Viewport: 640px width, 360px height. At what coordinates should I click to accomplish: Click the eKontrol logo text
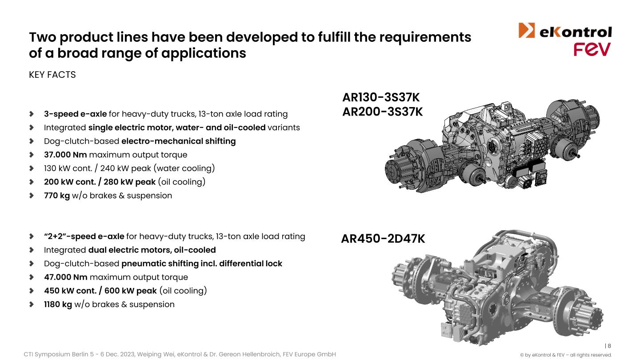(576, 32)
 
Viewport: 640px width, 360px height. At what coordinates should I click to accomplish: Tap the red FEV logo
(592, 49)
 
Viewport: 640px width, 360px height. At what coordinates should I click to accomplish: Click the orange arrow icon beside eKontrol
(527, 30)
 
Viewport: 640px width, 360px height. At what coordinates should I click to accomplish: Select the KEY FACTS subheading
(52, 75)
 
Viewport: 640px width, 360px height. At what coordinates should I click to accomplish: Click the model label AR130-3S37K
(381, 97)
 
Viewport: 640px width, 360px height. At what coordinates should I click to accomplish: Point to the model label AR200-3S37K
(382, 112)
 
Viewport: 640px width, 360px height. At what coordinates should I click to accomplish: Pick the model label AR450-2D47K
(383, 239)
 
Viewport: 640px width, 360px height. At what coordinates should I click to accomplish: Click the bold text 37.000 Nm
(65, 155)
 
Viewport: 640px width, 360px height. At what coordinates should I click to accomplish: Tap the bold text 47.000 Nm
(66, 277)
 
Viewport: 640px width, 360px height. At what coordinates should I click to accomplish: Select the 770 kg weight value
(57, 196)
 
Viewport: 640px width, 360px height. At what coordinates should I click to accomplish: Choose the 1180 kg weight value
(58, 304)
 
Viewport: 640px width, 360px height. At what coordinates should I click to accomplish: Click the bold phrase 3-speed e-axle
(76, 114)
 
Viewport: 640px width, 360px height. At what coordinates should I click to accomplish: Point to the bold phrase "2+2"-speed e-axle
(84, 236)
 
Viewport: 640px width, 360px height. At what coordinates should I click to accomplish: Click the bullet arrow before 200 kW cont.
(32, 182)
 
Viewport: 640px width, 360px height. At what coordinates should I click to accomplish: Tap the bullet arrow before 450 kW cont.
(32, 291)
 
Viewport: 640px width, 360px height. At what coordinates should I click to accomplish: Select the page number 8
(609, 346)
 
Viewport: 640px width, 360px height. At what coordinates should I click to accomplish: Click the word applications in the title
(204, 53)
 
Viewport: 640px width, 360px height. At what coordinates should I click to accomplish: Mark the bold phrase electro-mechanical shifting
(179, 141)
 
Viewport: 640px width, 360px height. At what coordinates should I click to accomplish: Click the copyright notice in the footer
(566, 355)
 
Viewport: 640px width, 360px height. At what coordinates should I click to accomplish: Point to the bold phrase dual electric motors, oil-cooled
(152, 250)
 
